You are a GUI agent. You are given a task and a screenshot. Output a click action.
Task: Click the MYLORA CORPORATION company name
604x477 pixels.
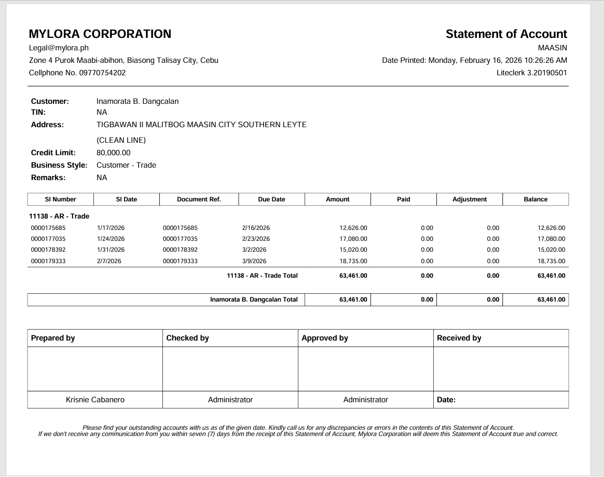pos(100,34)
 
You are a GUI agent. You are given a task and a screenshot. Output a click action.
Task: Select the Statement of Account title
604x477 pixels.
pos(506,34)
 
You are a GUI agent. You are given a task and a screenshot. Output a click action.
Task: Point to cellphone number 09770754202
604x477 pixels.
pos(102,73)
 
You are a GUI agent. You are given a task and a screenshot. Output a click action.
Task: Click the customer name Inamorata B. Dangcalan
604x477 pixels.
pos(138,101)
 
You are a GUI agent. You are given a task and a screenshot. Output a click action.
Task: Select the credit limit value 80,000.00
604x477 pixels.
pos(114,153)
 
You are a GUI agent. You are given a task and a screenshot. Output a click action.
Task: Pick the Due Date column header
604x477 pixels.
pos(271,199)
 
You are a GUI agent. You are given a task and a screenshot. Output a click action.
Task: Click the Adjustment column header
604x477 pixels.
pos(470,199)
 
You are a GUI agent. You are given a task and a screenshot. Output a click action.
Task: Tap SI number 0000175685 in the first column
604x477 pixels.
pos(48,228)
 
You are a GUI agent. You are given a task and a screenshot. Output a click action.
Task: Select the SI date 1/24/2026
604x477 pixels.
pos(111,239)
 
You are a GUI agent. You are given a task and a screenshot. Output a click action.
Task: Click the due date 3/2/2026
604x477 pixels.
pos(254,250)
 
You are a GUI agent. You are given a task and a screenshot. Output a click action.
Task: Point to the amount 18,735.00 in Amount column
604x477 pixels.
pos(353,261)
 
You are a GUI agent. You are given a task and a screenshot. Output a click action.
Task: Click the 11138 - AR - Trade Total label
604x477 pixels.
pos(262,276)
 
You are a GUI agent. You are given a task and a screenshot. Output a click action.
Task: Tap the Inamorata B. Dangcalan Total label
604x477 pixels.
pos(254,299)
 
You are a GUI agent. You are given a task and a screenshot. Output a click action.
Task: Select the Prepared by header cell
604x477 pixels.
pos(53,338)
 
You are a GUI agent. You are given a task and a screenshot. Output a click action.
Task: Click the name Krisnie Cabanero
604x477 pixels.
pos(95,400)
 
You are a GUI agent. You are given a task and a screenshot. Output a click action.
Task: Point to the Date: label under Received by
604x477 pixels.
pos(446,400)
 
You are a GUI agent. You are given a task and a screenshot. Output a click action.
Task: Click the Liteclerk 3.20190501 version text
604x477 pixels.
pos(531,73)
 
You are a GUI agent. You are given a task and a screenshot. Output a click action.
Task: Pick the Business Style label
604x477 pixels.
pos(59,165)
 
